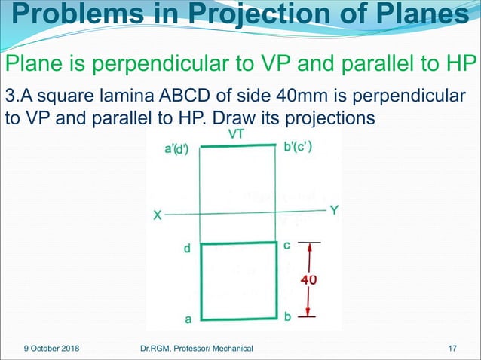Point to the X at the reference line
(x=157, y=215)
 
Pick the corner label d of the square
(x=187, y=248)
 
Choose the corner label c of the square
(x=286, y=246)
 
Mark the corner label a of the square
(x=188, y=319)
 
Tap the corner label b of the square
(x=287, y=318)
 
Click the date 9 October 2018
(x=52, y=348)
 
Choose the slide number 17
(x=453, y=348)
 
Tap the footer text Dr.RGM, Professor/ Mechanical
(x=197, y=348)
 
